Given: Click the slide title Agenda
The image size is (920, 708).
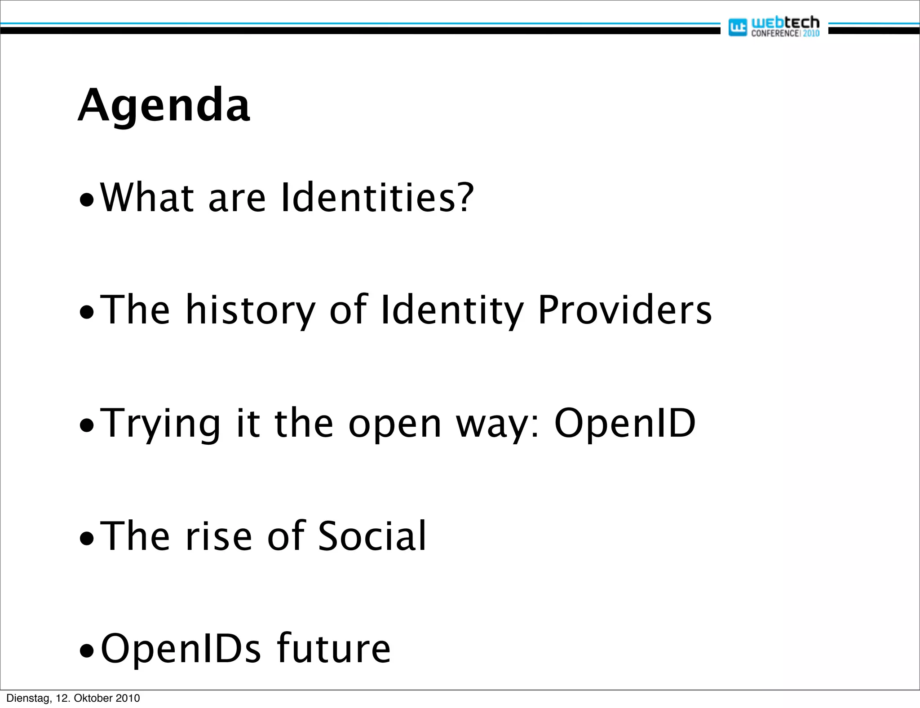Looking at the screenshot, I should [164, 106].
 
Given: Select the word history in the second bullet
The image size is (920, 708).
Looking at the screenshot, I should [250, 311].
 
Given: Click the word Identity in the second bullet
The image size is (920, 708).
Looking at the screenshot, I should [451, 311].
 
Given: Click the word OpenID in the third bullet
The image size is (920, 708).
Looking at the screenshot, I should [625, 424].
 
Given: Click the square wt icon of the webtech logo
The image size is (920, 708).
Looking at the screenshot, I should [737, 27].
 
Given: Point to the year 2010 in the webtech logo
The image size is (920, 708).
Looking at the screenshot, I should [811, 33].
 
